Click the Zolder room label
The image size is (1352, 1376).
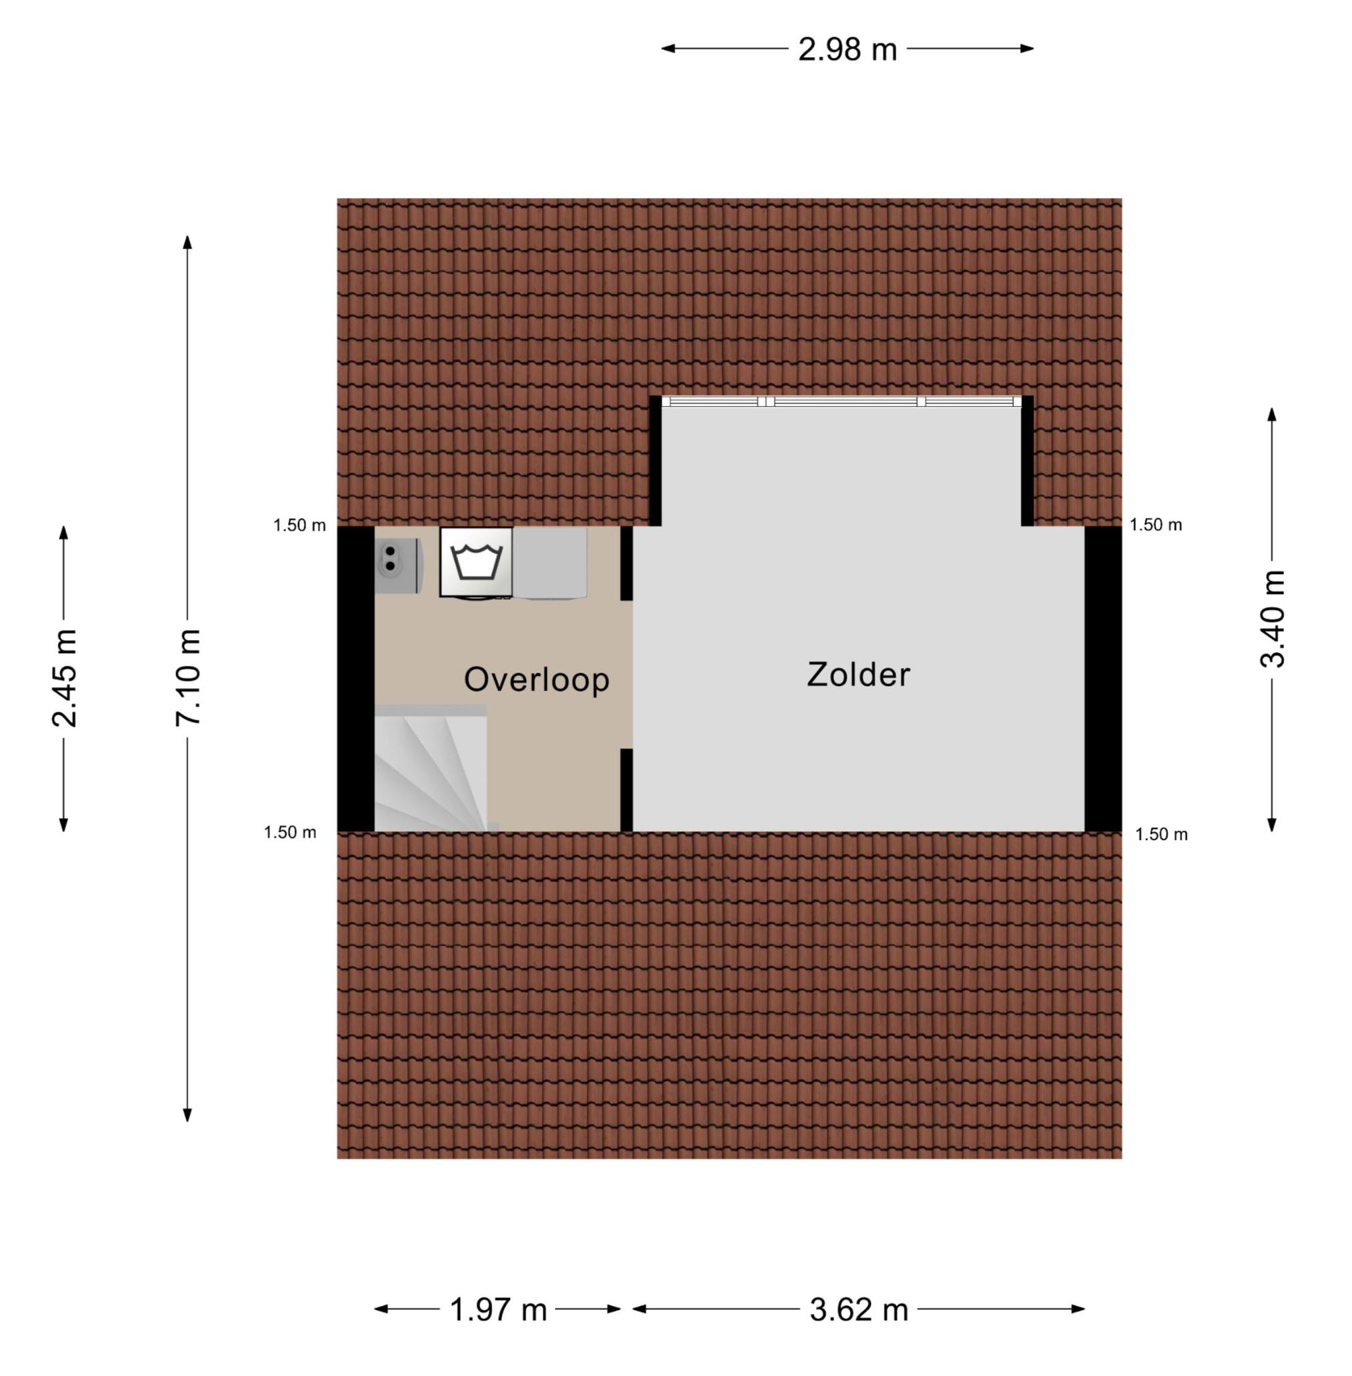[x=858, y=675]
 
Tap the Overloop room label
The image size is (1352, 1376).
[x=537, y=680]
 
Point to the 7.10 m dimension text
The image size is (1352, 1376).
[x=188, y=677]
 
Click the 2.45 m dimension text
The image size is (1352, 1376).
[x=64, y=678]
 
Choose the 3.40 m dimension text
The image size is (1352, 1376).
[x=1273, y=619]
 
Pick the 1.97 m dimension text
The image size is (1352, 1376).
[x=499, y=1310]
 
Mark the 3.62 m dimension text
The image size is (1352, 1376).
[x=859, y=1310]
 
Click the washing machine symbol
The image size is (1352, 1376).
[x=477, y=562]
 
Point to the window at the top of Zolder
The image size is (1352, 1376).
[x=841, y=401]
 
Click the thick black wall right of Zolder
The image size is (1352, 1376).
[x=1103, y=679]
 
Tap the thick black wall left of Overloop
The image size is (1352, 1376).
[x=356, y=679]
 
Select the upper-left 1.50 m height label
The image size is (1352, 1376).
[x=299, y=525]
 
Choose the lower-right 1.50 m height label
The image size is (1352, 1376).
[x=1162, y=834]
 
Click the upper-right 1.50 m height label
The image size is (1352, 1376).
[x=1156, y=525]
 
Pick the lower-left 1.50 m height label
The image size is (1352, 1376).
[x=291, y=833]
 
